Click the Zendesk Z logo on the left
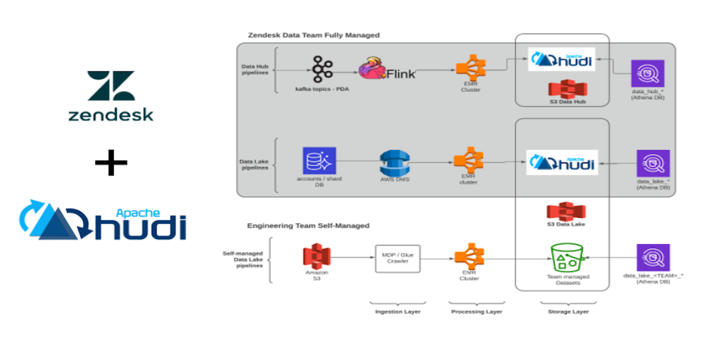[111, 86]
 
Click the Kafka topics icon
[322, 69]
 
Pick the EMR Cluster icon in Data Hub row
[470, 70]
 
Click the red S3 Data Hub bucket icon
[567, 88]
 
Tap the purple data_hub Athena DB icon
[648, 75]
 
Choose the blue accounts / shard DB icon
[319, 161]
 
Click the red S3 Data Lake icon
[566, 211]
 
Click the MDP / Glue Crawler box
[398, 259]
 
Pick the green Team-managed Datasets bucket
[567, 258]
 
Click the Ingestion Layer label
[397, 312]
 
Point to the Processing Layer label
[476, 312]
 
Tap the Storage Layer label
[568, 312]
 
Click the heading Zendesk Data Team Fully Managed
[314, 35]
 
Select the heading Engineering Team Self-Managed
[308, 226]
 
